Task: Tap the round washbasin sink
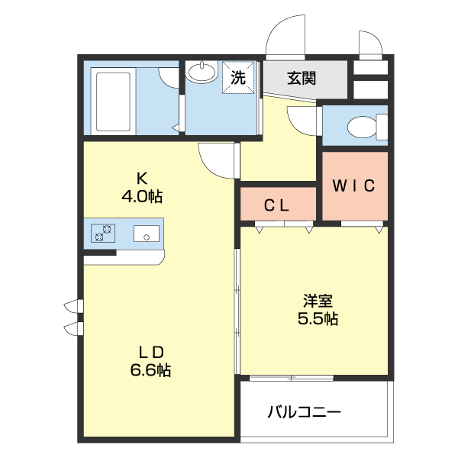tap(202, 73)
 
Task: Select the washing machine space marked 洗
tap(238, 77)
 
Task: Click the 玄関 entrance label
tap(302, 78)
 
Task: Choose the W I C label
tap(353, 185)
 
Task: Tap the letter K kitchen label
tap(141, 179)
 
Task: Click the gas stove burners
tap(102, 233)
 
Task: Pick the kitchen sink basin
tap(145, 234)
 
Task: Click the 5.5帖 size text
tap(317, 319)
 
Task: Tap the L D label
tap(151, 353)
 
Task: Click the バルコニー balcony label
tap(304, 413)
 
